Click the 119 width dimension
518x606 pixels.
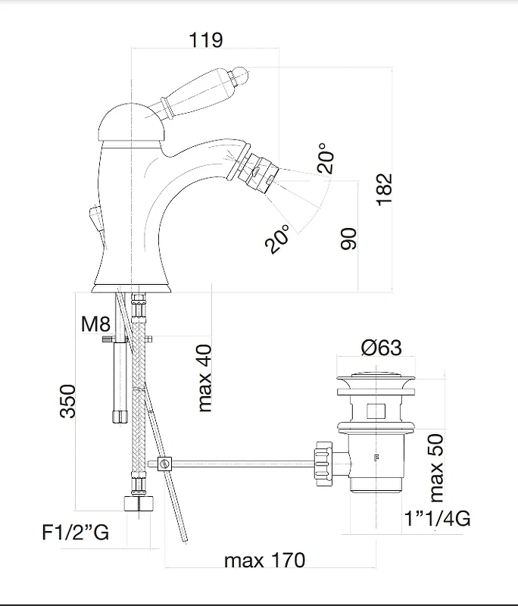(x=206, y=40)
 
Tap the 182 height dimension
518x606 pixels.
(x=385, y=189)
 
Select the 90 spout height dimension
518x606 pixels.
(x=348, y=239)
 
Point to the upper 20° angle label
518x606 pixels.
(x=325, y=158)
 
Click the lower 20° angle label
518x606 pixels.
(x=277, y=239)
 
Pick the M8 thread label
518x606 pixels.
(x=95, y=323)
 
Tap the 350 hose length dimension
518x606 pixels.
(x=68, y=401)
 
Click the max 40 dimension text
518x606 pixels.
(x=204, y=378)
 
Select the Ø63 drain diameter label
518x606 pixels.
(x=381, y=348)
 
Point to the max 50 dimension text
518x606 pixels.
(x=436, y=467)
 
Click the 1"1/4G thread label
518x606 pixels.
(x=437, y=518)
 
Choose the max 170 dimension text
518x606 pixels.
(x=264, y=560)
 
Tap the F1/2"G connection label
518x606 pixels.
(x=75, y=533)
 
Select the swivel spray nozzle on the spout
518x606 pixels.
(x=257, y=172)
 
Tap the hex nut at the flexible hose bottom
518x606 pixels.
(x=139, y=503)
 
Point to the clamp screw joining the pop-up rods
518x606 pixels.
(x=165, y=464)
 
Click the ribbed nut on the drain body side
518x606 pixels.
(x=323, y=463)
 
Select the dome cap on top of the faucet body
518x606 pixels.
(x=132, y=123)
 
